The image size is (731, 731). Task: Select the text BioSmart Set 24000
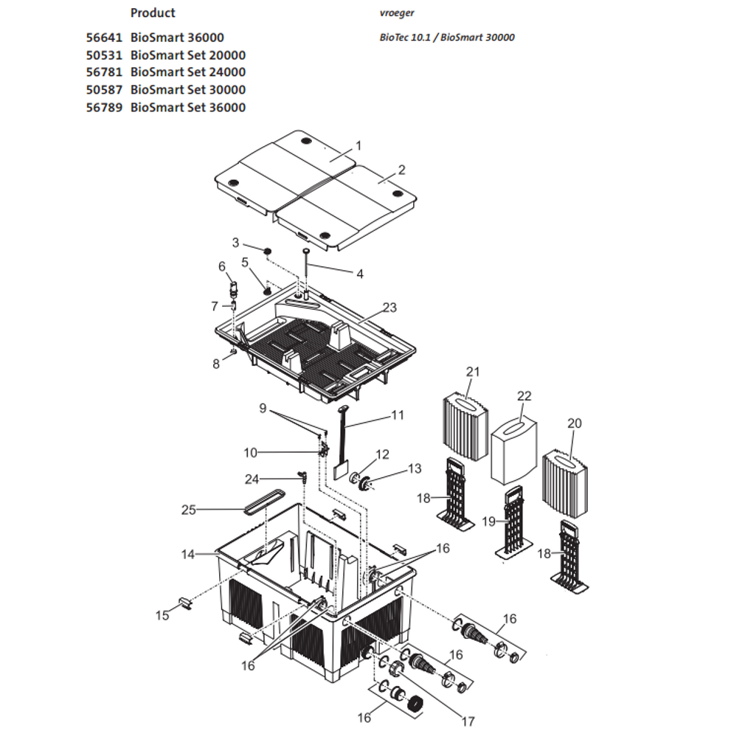(187, 72)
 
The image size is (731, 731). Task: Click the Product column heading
(153, 13)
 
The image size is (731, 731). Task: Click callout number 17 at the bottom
(468, 721)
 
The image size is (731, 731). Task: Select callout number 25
(190, 510)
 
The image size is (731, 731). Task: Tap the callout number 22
(524, 396)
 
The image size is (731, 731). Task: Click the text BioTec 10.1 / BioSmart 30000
(446, 38)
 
